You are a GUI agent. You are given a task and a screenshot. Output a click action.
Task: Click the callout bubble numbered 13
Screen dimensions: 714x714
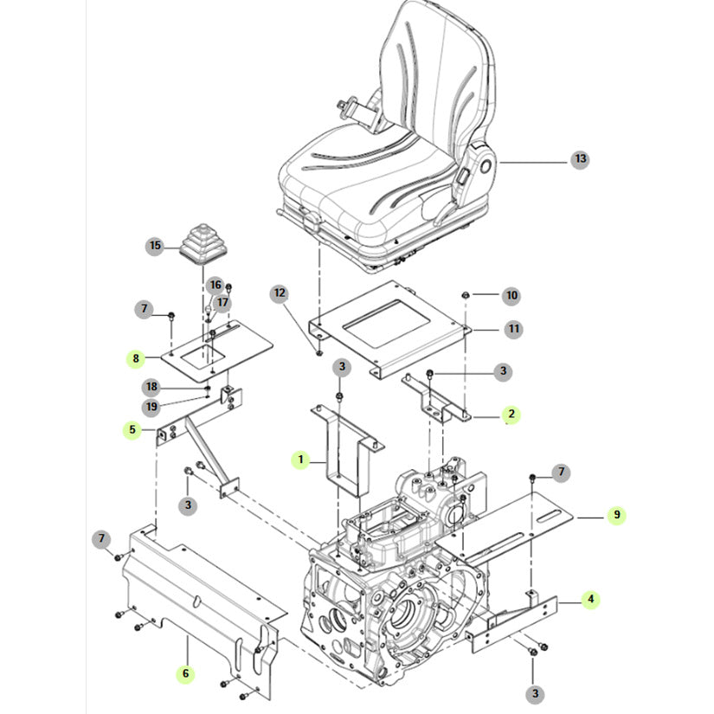[580, 159]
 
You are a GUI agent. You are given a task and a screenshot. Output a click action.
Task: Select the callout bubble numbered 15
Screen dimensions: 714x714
[155, 246]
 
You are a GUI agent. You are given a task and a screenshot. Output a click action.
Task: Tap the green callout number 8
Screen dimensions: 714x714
[134, 357]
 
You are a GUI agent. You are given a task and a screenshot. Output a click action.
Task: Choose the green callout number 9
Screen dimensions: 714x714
[616, 515]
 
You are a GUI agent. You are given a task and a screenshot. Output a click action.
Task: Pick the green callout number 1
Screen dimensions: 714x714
[300, 460]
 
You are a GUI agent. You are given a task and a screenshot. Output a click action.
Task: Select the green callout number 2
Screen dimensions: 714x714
[511, 415]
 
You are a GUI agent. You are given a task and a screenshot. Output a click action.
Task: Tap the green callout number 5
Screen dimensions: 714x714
[132, 428]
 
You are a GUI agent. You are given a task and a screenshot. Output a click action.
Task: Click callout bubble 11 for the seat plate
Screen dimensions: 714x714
[512, 329]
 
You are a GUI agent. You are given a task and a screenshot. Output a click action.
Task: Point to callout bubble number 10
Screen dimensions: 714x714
[511, 296]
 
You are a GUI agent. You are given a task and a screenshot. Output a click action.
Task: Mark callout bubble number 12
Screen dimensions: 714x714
[279, 293]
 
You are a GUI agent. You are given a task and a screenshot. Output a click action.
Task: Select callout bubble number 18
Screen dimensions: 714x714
[151, 386]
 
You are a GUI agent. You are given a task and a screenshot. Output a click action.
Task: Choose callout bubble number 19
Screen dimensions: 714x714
[151, 405]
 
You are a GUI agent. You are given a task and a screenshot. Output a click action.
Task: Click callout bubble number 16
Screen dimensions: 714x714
[215, 285]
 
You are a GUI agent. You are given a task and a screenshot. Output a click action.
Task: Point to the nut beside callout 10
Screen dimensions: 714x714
[466, 296]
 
